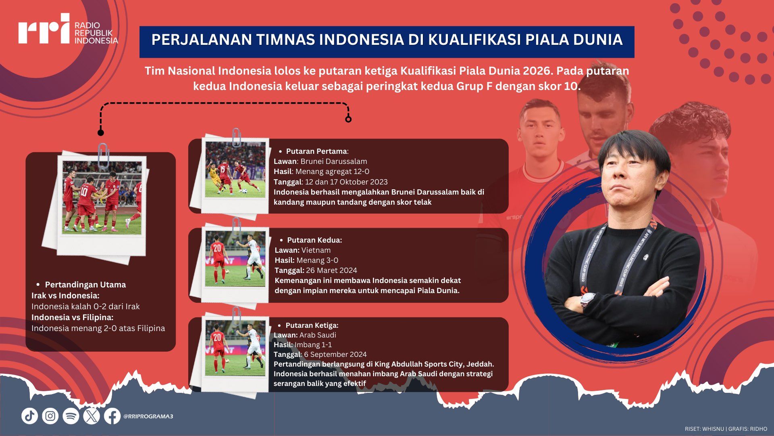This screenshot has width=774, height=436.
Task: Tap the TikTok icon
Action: [x=29, y=416]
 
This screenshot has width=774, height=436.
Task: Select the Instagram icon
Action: [x=50, y=416]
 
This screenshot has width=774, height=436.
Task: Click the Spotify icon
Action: [x=71, y=416]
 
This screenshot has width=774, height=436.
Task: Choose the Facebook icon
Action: [x=112, y=416]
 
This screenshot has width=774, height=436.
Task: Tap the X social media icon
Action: [x=92, y=416]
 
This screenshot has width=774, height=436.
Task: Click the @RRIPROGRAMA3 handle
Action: [x=148, y=416]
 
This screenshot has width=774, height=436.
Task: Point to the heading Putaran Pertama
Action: [x=316, y=151]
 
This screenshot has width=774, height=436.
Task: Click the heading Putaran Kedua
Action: [x=314, y=240]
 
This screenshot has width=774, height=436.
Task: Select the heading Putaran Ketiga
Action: [x=312, y=325]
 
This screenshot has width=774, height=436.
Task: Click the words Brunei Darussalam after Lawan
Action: [x=334, y=161]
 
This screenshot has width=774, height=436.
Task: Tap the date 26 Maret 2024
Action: [x=331, y=270]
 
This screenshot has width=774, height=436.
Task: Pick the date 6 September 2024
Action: [x=335, y=354]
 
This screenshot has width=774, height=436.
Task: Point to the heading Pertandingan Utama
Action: [x=85, y=285]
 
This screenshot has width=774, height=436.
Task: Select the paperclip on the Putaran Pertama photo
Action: [x=236, y=138]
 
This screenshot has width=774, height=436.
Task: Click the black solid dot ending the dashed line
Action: [x=101, y=133]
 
